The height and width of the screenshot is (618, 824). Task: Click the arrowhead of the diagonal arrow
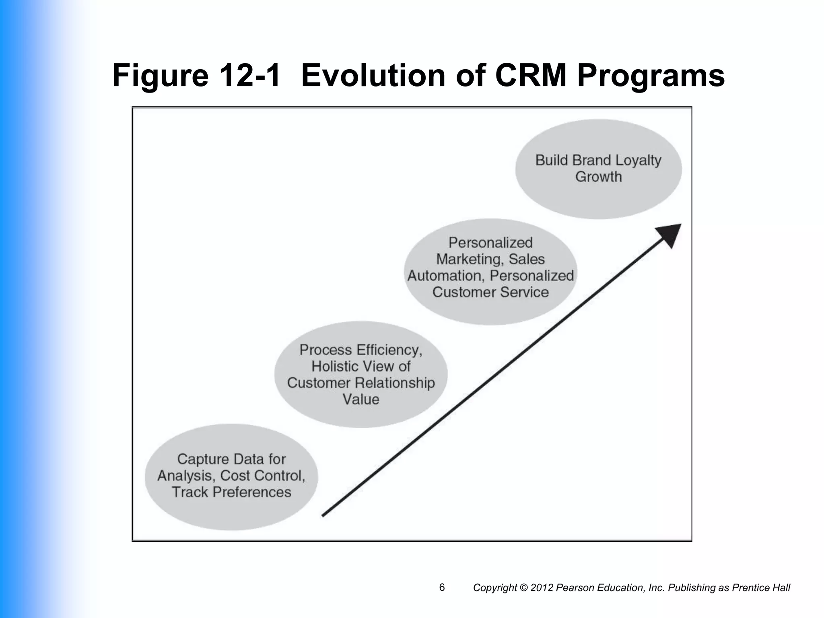669,235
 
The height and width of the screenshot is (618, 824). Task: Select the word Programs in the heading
651,76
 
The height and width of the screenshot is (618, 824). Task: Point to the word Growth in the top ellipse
598,177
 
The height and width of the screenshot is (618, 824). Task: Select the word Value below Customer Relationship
361,399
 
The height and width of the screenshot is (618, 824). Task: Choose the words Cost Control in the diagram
263,476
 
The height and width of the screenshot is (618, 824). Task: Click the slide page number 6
442,588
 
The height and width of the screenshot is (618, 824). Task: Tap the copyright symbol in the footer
523,588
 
